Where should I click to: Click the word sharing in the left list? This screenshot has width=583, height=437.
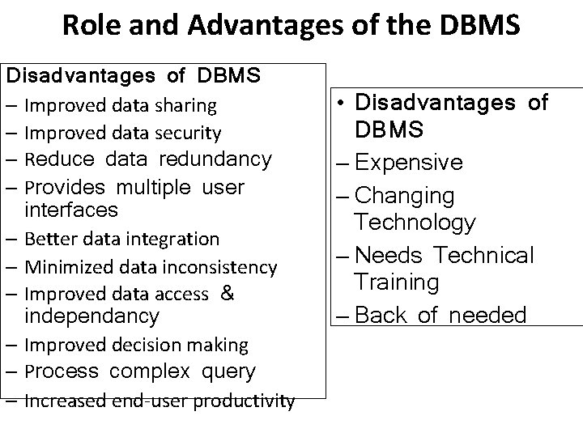[x=188, y=105]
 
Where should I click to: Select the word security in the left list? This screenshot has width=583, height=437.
[x=192, y=133]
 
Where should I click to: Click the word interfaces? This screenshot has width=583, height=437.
[x=71, y=210]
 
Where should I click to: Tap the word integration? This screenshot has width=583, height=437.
[x=181, y=239]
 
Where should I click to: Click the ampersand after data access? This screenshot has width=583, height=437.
[x=228, y=294]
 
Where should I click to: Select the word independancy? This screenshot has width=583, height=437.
[x=92, y=315]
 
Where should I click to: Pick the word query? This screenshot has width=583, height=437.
[x=228, y=371]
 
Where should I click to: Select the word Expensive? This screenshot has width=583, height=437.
[x=408, y=163]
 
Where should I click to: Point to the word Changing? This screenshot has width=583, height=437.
[x=405, y=196]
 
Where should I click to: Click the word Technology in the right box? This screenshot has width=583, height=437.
[x=415, y=223]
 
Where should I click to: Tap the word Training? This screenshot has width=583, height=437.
[x=397, y=282]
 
